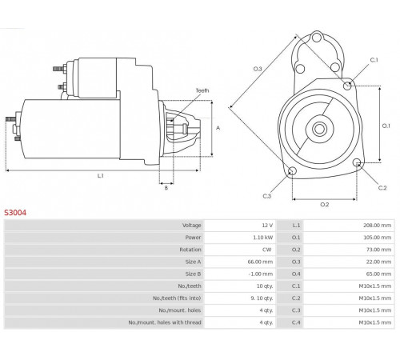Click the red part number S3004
15,213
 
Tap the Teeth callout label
202,90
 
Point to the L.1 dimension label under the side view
100,176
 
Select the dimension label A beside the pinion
218,128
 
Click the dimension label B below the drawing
166,188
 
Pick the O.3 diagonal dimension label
258,69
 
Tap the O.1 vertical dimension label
386,126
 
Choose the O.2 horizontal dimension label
325,205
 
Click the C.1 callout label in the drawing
374,60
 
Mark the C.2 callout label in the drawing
382,188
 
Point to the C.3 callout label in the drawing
267,196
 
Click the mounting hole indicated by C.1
347,86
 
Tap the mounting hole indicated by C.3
292,171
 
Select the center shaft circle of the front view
319,129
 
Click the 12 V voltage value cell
267,226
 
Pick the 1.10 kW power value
263,238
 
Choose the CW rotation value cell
266,250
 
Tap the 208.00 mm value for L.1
377,226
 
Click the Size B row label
193,274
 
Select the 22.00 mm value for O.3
378,262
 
